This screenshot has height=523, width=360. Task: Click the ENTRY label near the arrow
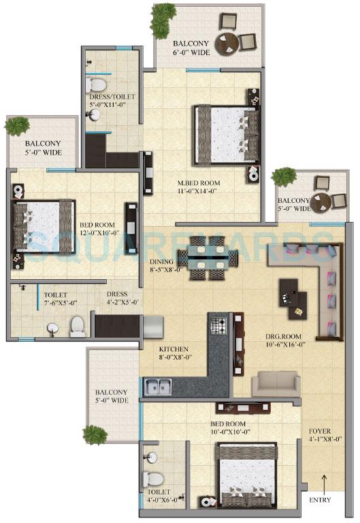[320, 501]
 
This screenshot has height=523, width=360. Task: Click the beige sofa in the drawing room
[276, 384]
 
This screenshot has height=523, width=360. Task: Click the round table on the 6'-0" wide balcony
[227, 44]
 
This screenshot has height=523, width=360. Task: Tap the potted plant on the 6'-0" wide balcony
[162, 22]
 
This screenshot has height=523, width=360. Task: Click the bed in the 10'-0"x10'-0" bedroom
[246, 470]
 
